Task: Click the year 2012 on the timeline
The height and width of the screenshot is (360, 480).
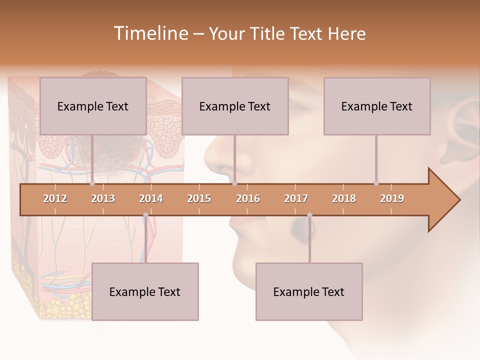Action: coord(55,198)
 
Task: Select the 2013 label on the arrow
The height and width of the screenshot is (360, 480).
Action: coord(103,198)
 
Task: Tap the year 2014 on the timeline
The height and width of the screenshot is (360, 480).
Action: coord(151,198)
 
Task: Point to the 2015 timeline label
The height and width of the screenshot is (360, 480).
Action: coord(199,198)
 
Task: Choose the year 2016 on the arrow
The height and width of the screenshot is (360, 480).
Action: coord(248,198)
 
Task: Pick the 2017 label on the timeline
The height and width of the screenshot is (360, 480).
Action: coord(296,198)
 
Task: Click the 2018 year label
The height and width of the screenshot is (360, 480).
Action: coord(344,198)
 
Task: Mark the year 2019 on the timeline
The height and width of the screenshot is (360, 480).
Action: coord(392,198)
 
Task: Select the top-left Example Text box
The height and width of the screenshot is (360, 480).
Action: coord(93,106)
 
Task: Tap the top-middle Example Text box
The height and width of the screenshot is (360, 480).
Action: coord(235,106)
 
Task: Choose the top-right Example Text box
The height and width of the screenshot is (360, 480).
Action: coord(377,106)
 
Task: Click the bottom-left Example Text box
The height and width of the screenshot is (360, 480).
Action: coord(145,291)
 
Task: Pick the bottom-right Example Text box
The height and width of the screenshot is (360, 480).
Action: coord(309,291)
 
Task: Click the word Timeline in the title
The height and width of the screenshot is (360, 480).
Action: coord(150,33)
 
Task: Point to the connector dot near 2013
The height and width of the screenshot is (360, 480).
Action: coord(92,183)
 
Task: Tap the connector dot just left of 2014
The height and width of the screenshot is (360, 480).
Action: coord(145,215)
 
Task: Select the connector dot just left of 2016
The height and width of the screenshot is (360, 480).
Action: coord(234,183)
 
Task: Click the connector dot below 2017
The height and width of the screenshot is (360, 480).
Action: coord(309,215)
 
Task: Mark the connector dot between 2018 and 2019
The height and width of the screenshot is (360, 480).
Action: coord(376,183)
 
